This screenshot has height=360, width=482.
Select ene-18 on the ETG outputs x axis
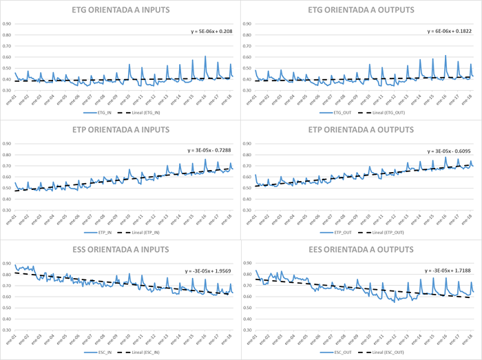[466, 98]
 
